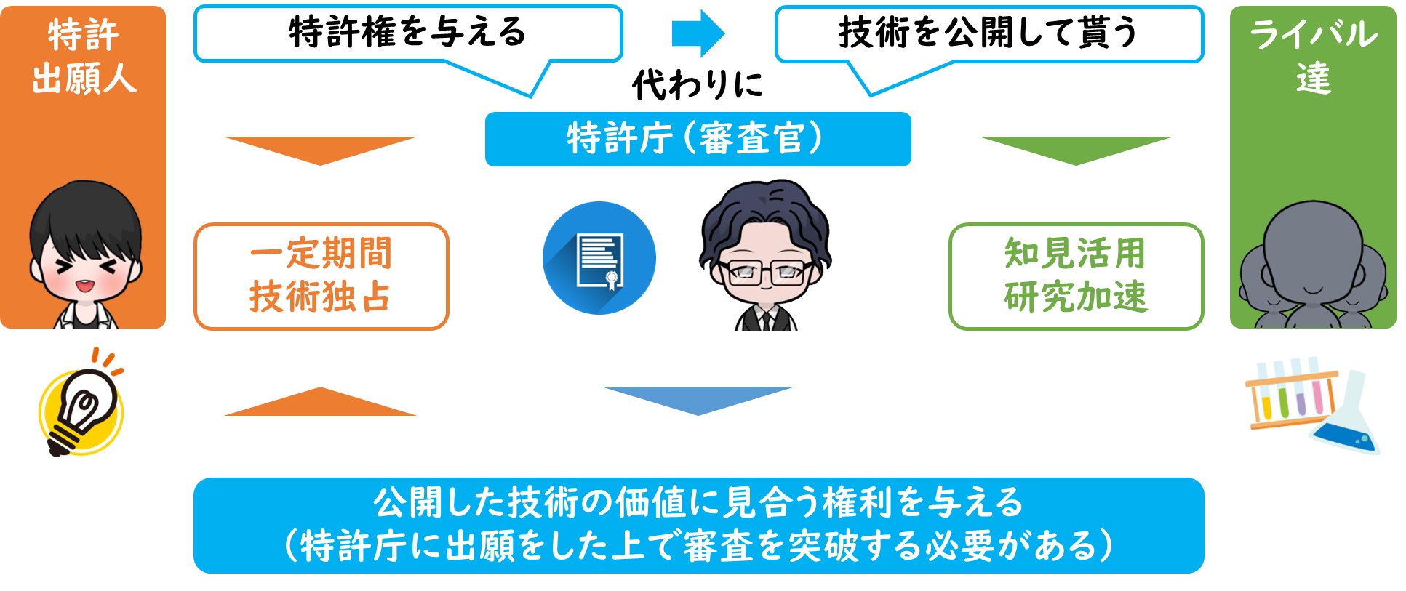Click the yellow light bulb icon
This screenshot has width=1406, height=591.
[81, 403]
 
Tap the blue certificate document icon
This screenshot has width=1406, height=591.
[599, 258]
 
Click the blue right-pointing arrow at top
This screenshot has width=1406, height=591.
[698, 33]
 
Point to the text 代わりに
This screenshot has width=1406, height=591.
[698, 84]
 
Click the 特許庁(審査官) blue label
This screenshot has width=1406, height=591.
[698, 139]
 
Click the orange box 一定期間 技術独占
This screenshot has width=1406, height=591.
[321, 276]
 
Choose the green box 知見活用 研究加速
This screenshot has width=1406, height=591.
[1077, 276]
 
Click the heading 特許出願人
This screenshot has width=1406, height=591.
[84, 57]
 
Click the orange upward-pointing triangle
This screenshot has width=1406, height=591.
[320, 401]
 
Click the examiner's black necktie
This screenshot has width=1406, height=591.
[765, 319]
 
